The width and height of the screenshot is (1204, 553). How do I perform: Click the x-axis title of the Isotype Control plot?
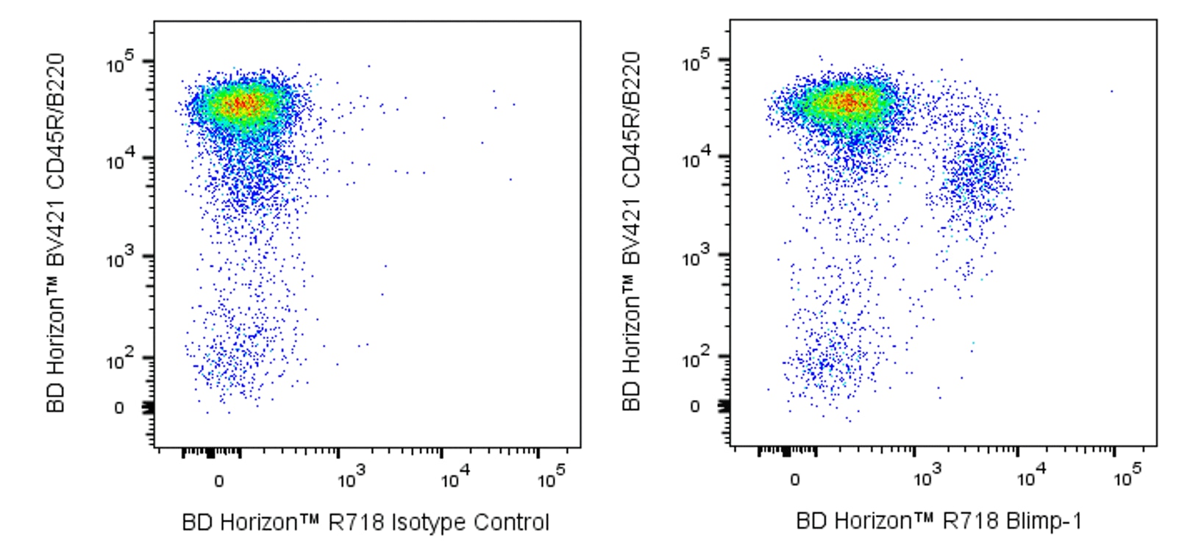[x=365, y=523]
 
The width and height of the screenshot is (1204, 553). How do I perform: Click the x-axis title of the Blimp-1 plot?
[x=939, y=521]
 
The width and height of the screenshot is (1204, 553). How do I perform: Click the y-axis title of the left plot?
[x=57, y=232]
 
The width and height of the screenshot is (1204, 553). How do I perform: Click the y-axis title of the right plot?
[x=632, y=231]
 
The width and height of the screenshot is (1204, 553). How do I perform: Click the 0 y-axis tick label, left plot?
[x=119, y=408]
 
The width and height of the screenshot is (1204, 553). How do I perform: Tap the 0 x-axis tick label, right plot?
[x=794, y=480]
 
